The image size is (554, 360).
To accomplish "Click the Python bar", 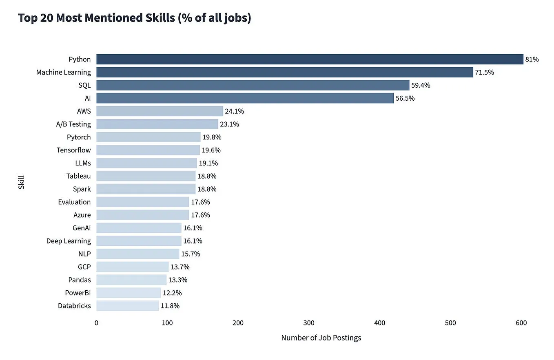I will click(310, 59).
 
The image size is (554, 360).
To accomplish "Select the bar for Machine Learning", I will click(284, 72).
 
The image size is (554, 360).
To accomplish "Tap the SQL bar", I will click(253, 85).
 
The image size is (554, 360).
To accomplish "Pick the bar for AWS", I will click(160, 111).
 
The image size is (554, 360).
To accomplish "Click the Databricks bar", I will click(127, 306).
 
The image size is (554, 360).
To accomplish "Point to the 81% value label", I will click(532, 59).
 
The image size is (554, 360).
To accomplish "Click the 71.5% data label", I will click(484, 72).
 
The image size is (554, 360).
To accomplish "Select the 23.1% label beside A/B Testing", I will click(230, 124).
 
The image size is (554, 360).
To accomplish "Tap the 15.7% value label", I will click(191, 254).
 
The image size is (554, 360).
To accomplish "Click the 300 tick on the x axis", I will click(309, 323).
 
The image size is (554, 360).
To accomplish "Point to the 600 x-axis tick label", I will click(521, 323).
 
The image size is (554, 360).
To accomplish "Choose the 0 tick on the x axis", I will click(96, 323).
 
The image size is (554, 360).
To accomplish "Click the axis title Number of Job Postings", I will click(321, 338).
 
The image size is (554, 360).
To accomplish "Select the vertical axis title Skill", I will click(21, 182).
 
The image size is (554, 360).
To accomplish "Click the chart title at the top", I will click(134, 18).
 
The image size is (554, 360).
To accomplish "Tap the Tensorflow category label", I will click(74, 150).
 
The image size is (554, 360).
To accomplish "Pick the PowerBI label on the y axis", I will click(78, 293).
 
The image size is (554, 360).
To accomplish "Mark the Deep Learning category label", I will click(69, 241).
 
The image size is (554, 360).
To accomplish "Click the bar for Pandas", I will click(131, 280).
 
